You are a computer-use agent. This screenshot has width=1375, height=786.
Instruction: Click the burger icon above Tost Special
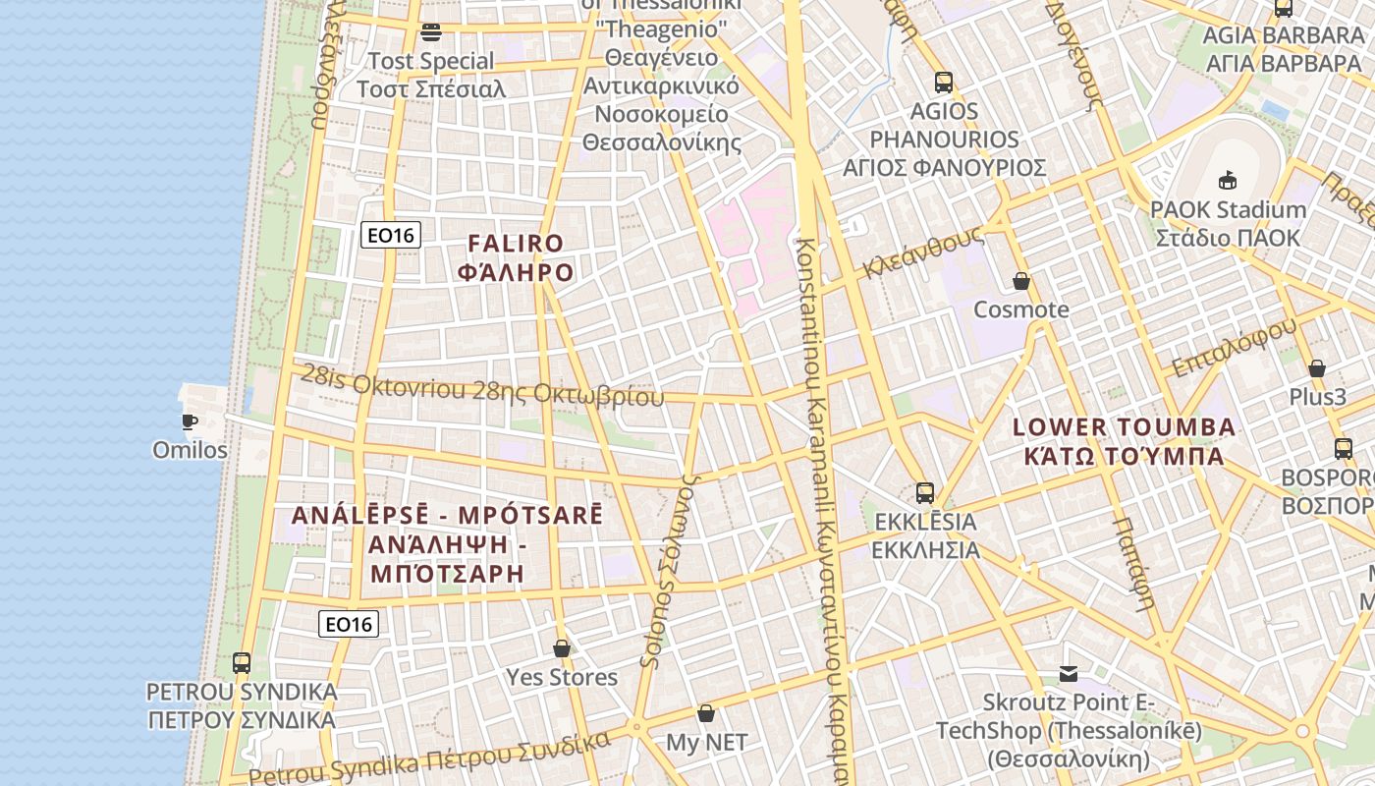pos(430,32)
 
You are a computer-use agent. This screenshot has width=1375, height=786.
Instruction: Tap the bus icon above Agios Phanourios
pos(944,83)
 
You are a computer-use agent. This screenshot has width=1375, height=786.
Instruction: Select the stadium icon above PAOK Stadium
pos(1227,181)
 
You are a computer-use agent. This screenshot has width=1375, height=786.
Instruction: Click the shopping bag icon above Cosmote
pos(1021,282)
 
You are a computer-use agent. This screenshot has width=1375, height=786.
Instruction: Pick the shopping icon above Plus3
pos(1317,369)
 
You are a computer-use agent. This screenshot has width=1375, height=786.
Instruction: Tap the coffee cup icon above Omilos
pos(190,422)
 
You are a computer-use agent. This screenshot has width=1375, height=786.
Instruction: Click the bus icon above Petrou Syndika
pos(242,663)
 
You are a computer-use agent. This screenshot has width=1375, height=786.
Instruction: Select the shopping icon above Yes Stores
pos(562,649)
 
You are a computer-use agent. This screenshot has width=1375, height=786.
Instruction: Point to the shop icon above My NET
pos(706,713)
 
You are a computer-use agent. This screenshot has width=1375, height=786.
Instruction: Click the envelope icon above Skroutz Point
pos(1069,674)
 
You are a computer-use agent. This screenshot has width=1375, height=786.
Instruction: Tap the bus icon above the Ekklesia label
pos(924,493)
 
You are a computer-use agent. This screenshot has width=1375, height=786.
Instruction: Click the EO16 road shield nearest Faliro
pos(391,235)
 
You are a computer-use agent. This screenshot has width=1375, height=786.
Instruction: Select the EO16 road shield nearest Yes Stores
pos(349,624)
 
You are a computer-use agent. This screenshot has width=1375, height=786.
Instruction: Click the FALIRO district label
pos(516,257)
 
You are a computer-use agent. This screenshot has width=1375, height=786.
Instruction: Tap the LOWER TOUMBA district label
pos(1124,441)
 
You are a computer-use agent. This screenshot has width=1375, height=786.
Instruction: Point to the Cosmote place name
pos(1020,310)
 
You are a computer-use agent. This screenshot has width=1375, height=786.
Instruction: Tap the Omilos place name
pos(190,451)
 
